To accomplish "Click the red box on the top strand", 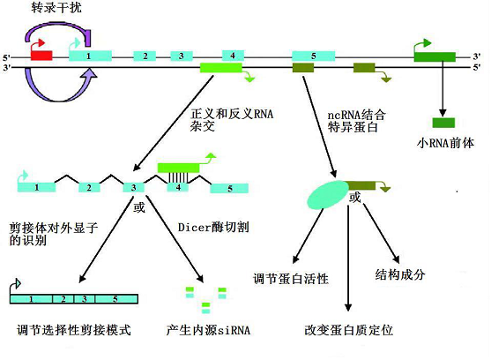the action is [41, 56].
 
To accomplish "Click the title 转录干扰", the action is [56, 8].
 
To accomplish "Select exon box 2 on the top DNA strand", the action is [145, 56].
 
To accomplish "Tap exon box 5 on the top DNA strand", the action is [314, 56].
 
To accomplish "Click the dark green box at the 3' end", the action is [435, 56].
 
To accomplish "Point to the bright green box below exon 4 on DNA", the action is [221, 68].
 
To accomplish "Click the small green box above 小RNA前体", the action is [443, 123].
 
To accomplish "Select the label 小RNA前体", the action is [445, 143].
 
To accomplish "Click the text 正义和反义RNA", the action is [232, 114].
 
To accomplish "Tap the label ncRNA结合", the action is [356, 115].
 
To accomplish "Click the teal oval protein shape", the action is [328, 195].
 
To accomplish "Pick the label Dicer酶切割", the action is [213, 227].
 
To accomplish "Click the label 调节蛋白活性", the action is [291, 279].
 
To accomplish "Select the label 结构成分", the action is [400, 274].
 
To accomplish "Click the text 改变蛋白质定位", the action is [348, 330].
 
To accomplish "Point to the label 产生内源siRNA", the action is [208, 330].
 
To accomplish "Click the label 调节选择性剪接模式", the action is [74, 330].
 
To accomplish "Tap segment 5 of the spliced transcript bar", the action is [116, 299].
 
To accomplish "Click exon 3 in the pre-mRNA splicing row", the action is [133, 187].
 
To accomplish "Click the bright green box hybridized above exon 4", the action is [178, 168].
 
